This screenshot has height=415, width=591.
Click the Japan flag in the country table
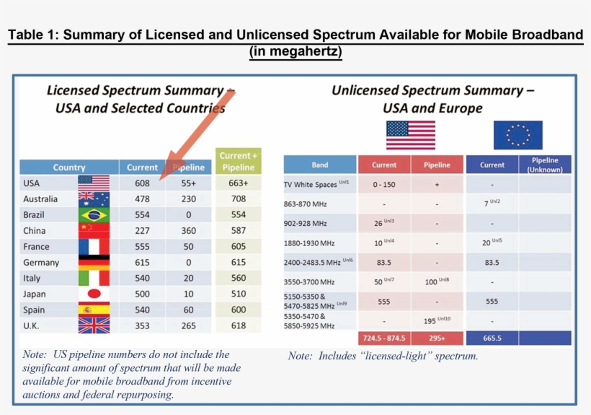(94, 294)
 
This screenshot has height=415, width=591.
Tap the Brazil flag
(94, 215)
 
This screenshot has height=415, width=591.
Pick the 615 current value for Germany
(142, 263)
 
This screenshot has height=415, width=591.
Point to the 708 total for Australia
(239, 199)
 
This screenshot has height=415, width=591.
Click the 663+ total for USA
(239, 183)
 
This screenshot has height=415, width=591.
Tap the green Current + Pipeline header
(239, 161)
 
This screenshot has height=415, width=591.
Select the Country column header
(69, 167)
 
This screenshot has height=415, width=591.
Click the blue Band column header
(320, 165)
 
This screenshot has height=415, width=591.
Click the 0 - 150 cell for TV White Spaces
(384, 185)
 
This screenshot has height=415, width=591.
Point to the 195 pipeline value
(435, 320)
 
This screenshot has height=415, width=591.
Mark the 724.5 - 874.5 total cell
(384, 338)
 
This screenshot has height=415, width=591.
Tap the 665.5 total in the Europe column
(492, 338)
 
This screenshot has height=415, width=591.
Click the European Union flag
(517, 135)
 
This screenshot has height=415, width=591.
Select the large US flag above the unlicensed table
(411, 135)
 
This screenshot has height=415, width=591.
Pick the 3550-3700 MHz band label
(309, 281)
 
